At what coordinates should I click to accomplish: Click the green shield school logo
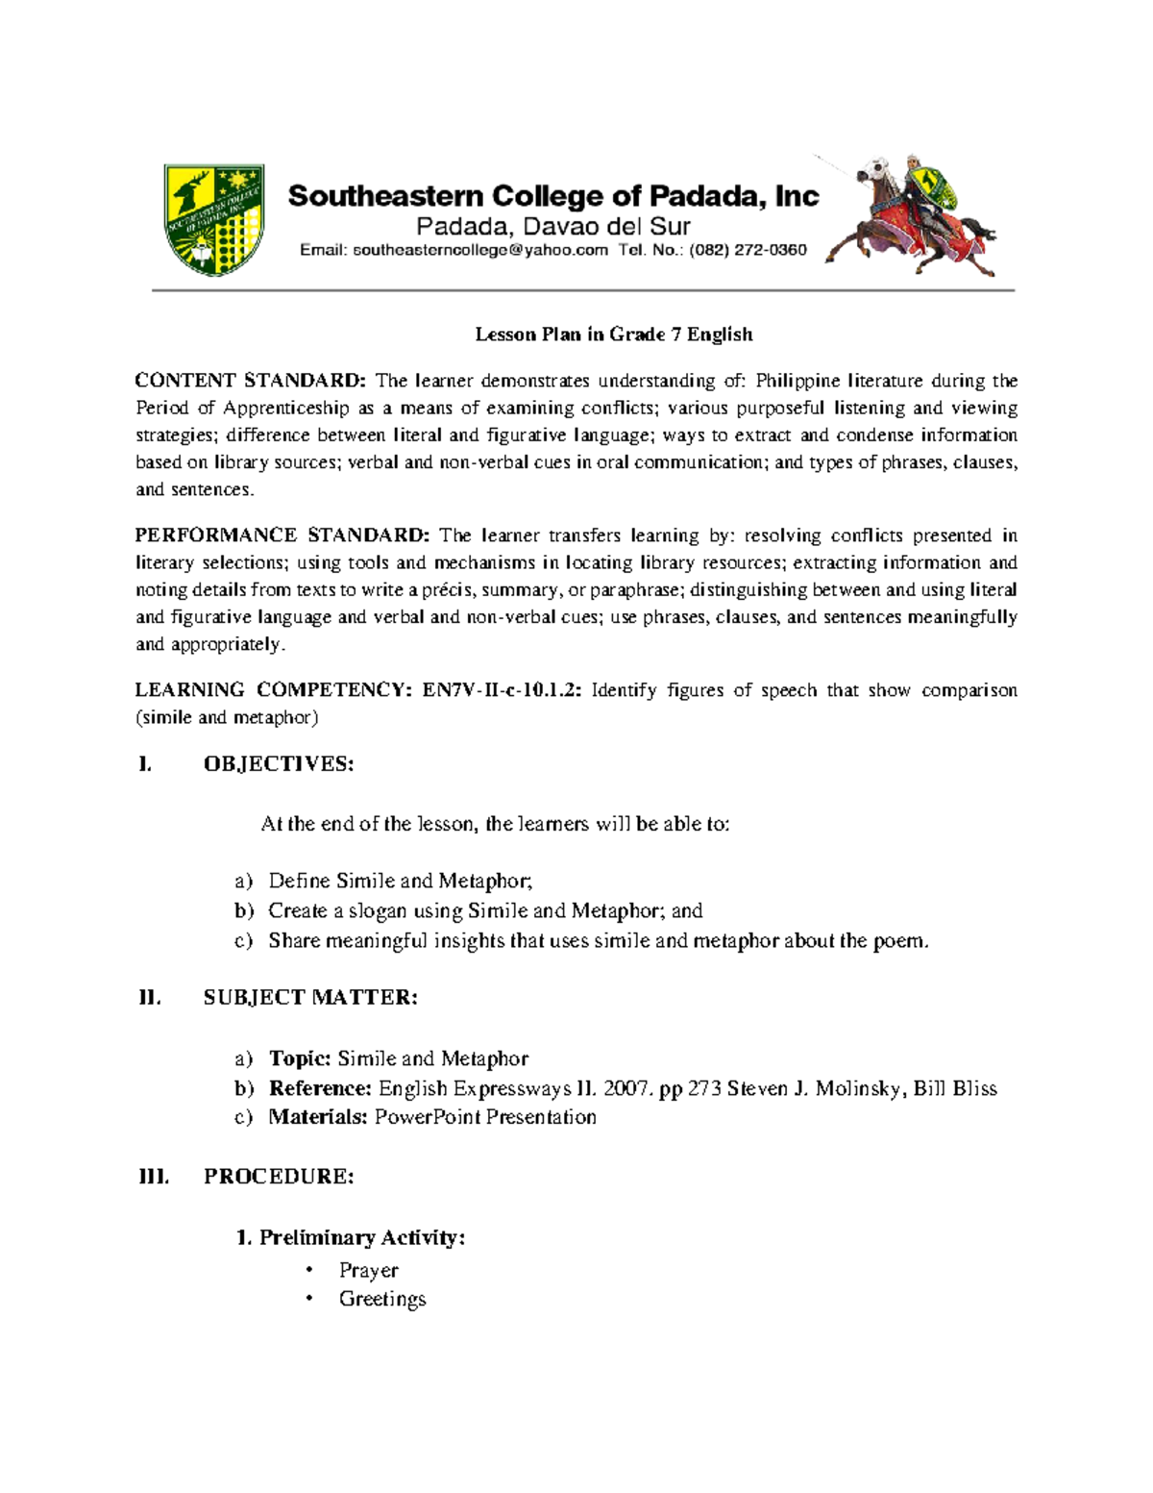(x=213, y=217)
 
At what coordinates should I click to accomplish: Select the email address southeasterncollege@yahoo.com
(x=479, y=251)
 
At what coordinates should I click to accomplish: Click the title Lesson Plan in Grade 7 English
(x=614, y=335)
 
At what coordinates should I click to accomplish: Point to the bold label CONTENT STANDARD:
(x=251, y=381)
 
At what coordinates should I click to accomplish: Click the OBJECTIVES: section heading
(x=279, y=764)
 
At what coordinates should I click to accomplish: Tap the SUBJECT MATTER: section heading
(x=310, y=998)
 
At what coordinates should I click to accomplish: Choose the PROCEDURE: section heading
(x=279, y=1177)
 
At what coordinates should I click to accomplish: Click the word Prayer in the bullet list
(x=368, y=1271)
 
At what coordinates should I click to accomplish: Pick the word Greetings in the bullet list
(x=382, y=1300)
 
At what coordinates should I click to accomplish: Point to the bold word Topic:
(x=300, y=1058)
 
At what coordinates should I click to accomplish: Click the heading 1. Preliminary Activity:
(x=351, y=1237)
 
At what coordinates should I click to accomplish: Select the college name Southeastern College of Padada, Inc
(x=553, y=196)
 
